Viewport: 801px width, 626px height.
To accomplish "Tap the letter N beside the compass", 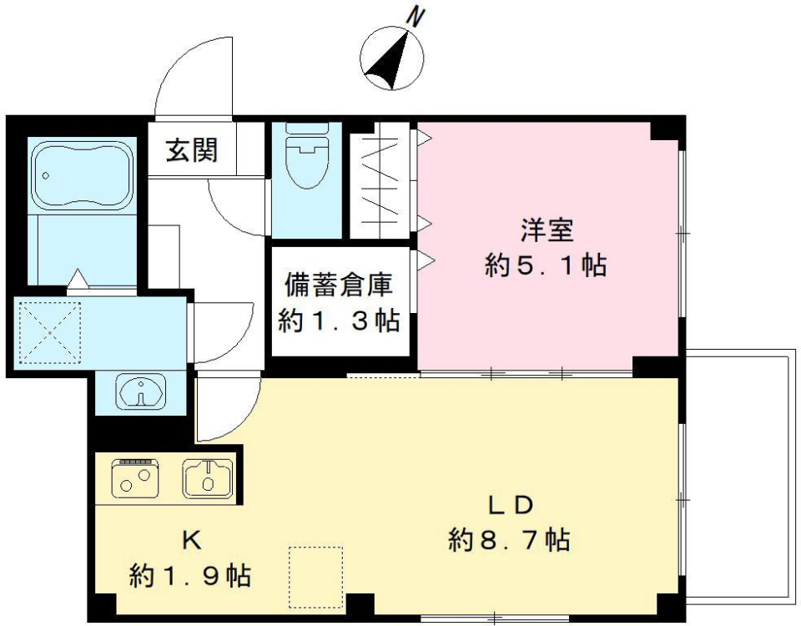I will [x=415, y=16].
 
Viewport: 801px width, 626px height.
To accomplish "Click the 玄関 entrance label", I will [x=192, y=150].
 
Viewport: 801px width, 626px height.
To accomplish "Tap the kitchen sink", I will [x=207, y=479].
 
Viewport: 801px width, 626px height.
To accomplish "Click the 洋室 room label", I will [x=546, y=228].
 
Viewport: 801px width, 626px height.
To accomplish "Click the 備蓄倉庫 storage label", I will [x=338, y=285].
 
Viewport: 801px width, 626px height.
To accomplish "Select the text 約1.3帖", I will [x=338, y=321].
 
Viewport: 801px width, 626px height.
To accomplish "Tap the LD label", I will [x=510, y=504].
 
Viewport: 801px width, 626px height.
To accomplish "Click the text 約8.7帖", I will [x=510, y=541].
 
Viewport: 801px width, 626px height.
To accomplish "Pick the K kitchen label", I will [x=190, y=540].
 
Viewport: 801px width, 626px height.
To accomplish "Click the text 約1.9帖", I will [x=190, y=575].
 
